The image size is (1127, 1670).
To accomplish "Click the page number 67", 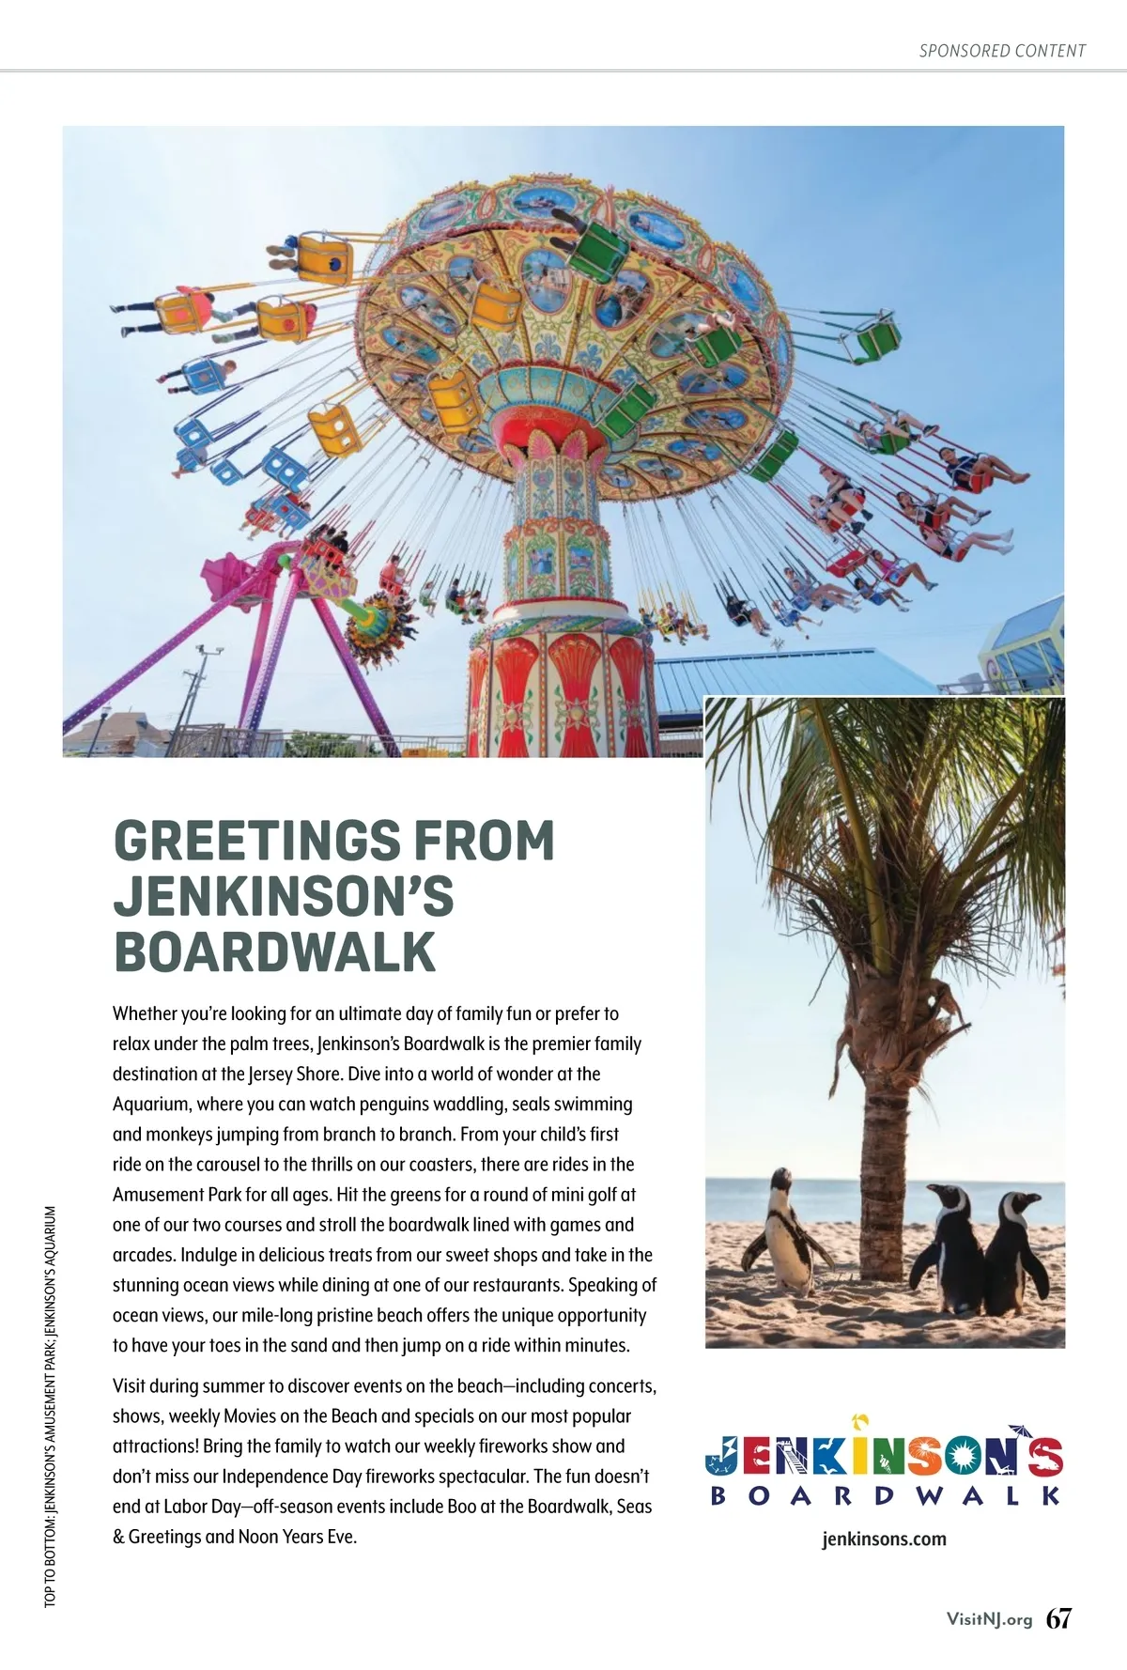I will (x=1058, y=1618).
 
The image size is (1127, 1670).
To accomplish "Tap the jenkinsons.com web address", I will (x=884, y=1539).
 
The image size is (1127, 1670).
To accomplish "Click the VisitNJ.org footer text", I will (x=989, y=1619).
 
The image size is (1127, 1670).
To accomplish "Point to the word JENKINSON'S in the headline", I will (x=284, y=896).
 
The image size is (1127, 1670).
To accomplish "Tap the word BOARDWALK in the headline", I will (x=275, y=951).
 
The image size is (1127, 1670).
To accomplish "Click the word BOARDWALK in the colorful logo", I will (x=885, y=1495).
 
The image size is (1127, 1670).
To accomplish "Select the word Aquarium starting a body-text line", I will (x=150, y=1105).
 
